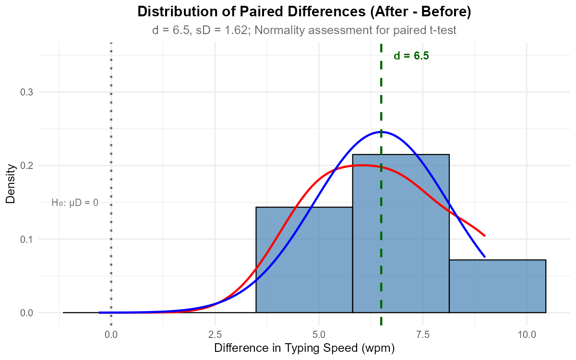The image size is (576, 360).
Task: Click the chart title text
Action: click(x=304, y=30)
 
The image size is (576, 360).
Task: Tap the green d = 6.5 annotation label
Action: click(x=411, y=56)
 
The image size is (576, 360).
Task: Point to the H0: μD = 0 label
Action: click(x=75, y=203)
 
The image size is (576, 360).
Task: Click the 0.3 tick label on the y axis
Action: click(x=26, y=92)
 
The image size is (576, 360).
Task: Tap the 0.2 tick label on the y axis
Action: click(x=26, y=166)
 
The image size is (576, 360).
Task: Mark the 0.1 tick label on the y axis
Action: click(x=26, y=239)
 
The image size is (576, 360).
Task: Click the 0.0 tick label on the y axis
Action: click(x=26, y=313)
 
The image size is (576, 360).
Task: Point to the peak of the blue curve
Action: click(x=381, y=132)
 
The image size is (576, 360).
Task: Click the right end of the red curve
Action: click(x=485, y=236)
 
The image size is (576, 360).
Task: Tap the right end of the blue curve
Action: click(x=485, y=257)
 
